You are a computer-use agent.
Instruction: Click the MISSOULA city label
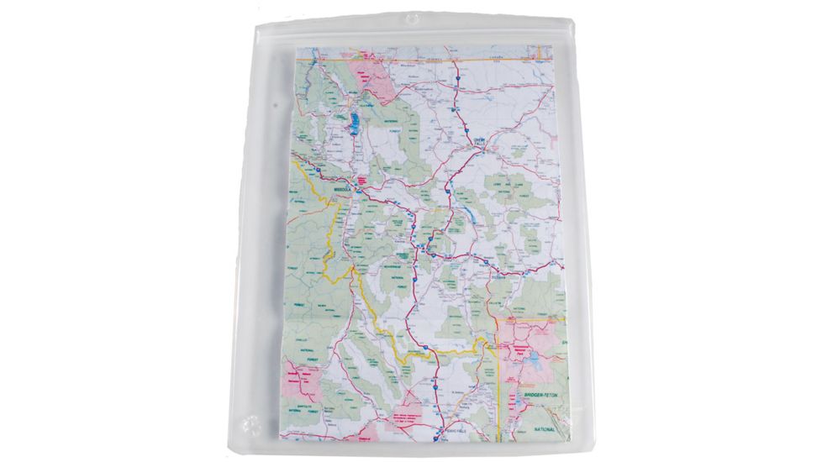tap(345, 191)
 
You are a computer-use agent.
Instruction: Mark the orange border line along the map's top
tap(420, 60)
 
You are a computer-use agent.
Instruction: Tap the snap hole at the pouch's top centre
tap(411, 17)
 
